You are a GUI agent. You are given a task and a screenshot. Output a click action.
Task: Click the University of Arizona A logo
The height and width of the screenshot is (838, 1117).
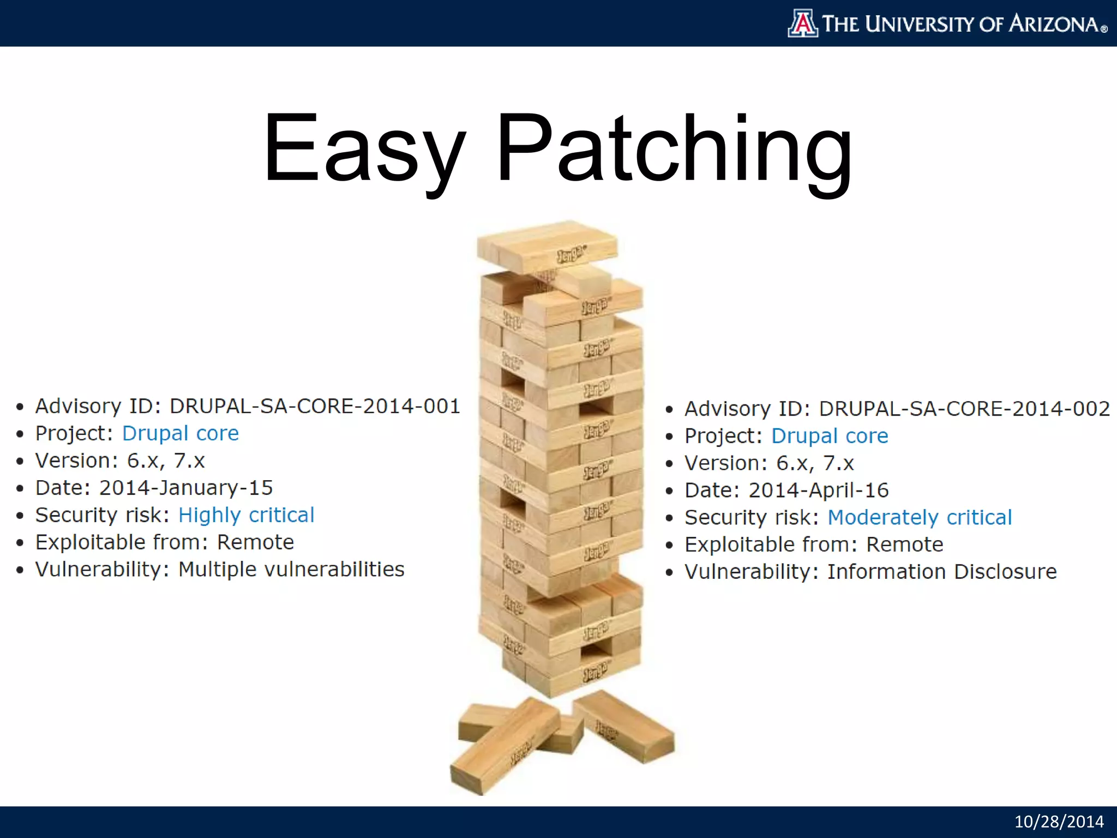pos(803,23)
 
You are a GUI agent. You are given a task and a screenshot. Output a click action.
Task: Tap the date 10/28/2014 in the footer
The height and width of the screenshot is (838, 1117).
pos(1059,822)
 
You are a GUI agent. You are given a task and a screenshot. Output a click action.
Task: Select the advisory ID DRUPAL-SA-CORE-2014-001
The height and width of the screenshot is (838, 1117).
pos(315,406)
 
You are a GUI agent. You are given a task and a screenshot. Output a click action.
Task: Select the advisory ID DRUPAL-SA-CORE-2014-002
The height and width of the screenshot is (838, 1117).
pos(964,409)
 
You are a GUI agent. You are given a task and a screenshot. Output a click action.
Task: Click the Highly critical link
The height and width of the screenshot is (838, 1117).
pos(247,515)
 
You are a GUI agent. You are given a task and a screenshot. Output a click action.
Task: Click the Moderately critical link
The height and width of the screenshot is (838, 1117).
pos(920,517)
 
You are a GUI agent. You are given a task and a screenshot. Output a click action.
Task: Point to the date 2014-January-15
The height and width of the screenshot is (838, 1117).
pos(185,488)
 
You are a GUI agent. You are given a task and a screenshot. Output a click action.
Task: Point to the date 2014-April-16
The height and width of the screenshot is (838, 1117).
pos(818,490)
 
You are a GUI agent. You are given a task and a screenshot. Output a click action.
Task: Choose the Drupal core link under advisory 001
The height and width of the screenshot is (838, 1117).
pos(181,433)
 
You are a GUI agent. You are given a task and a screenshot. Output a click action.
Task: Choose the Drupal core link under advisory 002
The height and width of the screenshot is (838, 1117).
pos(830,436)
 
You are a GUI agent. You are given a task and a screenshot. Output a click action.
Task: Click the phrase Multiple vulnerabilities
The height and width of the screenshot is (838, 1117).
pos(291,570)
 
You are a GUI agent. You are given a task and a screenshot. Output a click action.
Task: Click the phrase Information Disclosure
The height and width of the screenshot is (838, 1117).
pos(942,572)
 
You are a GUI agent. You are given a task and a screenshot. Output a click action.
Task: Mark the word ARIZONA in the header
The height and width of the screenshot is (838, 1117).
pos(1054,24)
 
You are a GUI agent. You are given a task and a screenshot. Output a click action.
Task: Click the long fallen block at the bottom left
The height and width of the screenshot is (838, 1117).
pos(505,747)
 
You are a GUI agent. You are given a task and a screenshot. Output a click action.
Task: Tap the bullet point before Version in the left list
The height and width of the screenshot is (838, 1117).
pos(20,462)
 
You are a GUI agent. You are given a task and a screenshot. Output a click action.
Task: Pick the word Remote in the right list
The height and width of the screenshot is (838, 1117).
pos(904,544)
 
